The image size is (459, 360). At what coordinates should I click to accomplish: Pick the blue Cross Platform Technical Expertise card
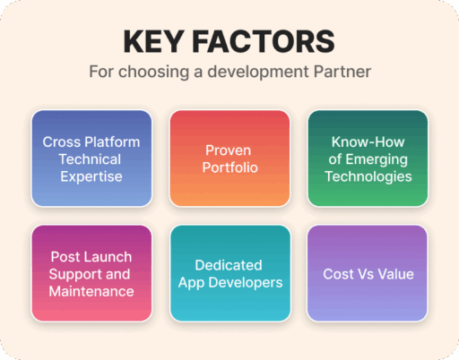tap(91, 159)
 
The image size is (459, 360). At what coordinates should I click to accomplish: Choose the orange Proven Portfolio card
tap(229, 159)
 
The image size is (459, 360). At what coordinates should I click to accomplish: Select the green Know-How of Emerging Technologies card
tap(368, 159)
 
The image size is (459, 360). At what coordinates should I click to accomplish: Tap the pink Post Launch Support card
tap(91, 273)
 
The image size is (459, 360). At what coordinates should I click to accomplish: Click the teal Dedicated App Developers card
tap(229, 273)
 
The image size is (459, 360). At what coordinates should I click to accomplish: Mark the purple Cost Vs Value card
tap(368, 273)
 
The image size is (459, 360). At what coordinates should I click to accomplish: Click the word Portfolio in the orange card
tap(229, 167)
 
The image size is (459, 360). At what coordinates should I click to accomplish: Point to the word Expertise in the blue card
tap(91, 176)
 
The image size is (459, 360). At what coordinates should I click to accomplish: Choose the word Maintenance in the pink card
tap(91, 291)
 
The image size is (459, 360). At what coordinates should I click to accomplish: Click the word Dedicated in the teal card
tap(229, 265)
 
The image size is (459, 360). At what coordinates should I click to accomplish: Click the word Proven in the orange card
tap(229, 150)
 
